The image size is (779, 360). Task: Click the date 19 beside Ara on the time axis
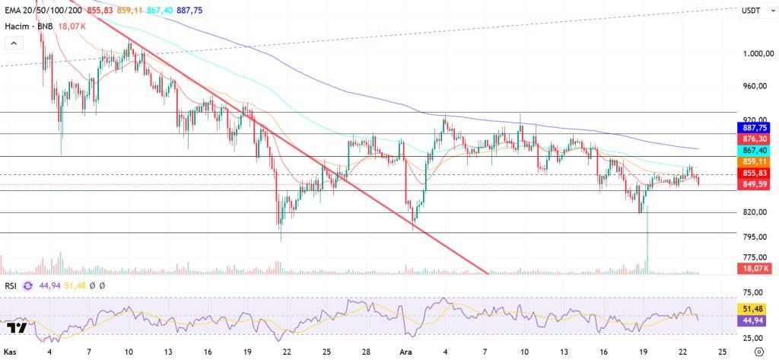point(644,352)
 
